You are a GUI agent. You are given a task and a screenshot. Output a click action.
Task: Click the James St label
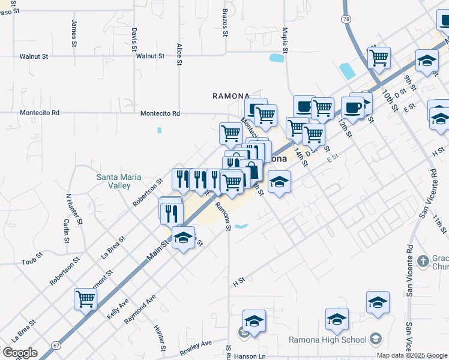coord(74,33)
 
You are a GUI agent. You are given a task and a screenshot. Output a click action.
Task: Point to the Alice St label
coord(179,54)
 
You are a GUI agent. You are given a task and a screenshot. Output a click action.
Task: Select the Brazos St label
coord(226,23)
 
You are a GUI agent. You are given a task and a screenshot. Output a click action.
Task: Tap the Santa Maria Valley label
coord(114,181)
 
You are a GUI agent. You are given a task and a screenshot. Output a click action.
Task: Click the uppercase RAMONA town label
coord(231,96)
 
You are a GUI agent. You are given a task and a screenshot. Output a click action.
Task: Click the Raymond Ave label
coord(140,310)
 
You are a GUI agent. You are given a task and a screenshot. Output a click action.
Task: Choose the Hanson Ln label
coord(253,356)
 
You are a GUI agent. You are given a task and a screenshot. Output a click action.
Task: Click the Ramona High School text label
coord(328,340)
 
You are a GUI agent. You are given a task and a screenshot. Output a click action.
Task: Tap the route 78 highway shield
coord(346,19)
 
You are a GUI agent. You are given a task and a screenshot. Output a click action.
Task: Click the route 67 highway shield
coord(56,345)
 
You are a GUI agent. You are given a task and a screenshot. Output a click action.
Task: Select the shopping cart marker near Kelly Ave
coord(85,298)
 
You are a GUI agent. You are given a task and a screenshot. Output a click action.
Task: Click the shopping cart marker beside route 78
coord(379,58)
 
